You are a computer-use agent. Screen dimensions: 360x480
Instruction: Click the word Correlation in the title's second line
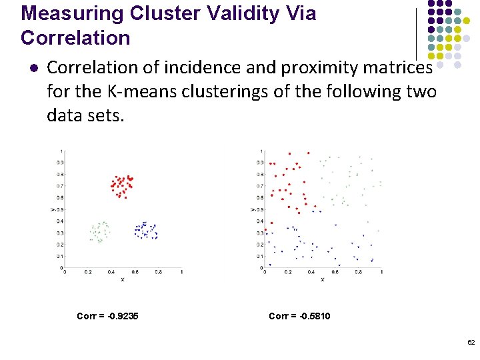coord(75,38)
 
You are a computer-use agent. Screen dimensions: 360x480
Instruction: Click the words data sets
coord(85,115)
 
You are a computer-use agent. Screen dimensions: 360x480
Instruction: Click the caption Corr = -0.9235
coord(107,315)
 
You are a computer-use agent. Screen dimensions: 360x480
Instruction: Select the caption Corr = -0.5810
coord(299,315)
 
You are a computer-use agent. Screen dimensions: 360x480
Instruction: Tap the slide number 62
coord(471,342)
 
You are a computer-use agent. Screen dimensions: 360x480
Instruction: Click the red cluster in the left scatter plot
coord(121,185)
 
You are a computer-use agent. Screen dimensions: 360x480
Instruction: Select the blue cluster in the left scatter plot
coord(145,231)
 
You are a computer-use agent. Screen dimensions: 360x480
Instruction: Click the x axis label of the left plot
coord(122,279)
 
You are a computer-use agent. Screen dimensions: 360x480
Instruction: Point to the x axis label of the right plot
coord(323,279)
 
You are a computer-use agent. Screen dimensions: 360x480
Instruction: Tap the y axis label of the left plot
coord(52,209)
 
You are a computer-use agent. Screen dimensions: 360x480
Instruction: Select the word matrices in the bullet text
coord(401,67)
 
